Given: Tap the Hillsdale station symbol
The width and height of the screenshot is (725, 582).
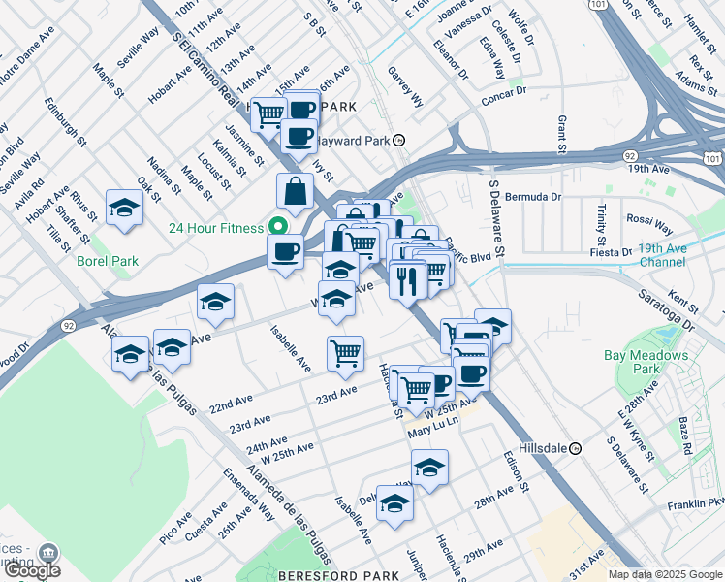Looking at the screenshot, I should point(575,449).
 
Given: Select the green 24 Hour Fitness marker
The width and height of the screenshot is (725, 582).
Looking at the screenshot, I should point(278,228).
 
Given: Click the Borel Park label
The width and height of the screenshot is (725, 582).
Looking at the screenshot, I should point(109,261).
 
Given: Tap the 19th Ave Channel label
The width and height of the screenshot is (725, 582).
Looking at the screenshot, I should point(663,255).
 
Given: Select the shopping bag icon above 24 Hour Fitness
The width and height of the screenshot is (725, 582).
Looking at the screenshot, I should point(295,190).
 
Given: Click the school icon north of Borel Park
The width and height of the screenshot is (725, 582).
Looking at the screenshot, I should point(124,207).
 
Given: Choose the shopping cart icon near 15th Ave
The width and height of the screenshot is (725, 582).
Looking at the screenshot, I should point(268,113).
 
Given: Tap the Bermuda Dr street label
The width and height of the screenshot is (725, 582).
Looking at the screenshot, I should point(538,197).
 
